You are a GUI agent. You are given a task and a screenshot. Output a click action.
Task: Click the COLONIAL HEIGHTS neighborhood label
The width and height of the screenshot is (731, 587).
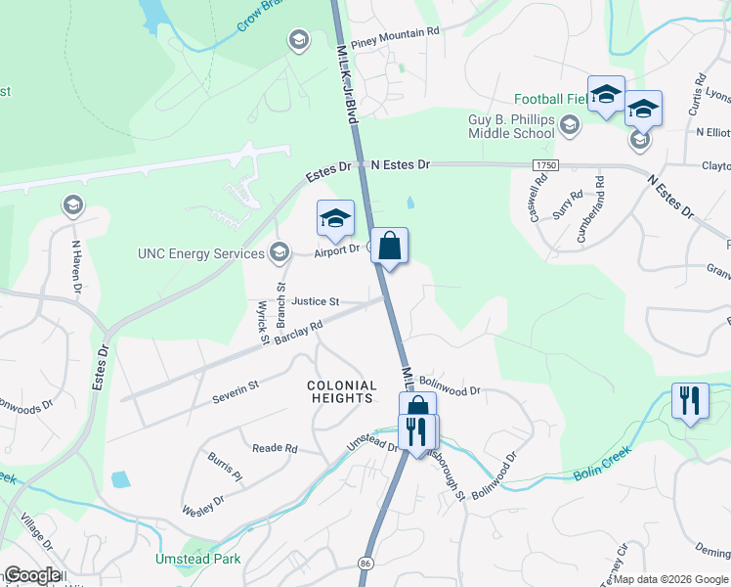tap(340, 391)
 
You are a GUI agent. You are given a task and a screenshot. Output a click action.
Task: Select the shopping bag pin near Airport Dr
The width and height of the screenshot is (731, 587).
tap(389, 248)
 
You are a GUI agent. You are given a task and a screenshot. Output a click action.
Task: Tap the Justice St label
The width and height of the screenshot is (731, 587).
tap(315, 301)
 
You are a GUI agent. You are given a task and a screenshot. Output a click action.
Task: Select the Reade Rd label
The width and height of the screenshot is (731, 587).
tap(275, 448)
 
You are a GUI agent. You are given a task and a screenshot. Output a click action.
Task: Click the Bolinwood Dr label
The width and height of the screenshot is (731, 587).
tap(450, 388)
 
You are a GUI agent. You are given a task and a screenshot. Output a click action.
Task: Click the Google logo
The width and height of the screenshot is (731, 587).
tap(32, 574)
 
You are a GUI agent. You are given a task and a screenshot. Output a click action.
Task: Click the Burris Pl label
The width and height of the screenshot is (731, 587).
tap(223, 469)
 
